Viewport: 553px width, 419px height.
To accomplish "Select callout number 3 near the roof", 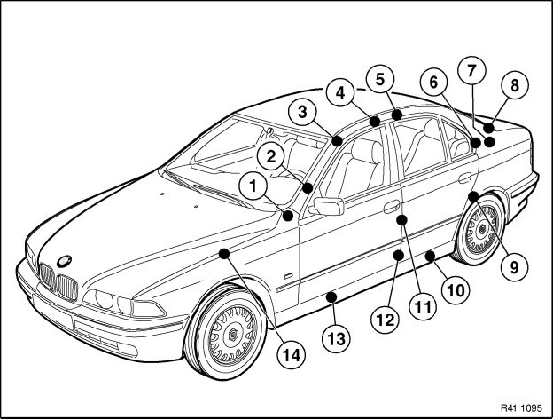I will tap(303, 112).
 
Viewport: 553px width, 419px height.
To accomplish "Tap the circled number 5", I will tap(380, 79).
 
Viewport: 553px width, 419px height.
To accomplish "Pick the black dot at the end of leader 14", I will tap(223, 254).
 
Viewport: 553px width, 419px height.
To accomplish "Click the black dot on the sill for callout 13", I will tap(331, 295).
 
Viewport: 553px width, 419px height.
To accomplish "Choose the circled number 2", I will tap(272, 155).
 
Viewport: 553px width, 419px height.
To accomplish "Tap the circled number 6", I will tap(433, 82).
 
